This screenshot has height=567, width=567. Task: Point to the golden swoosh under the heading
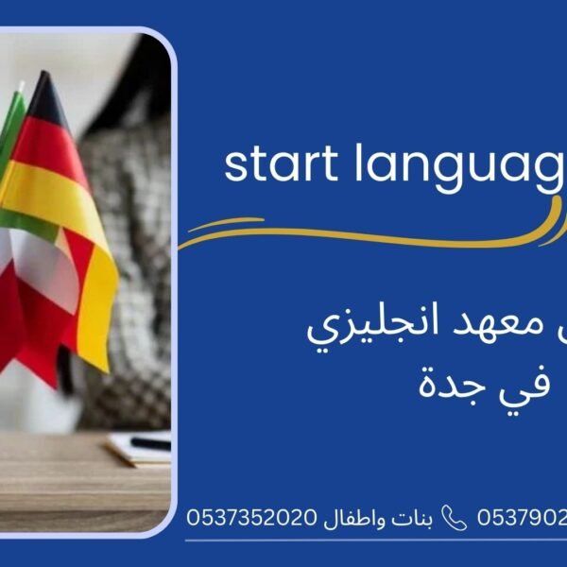coord(369,234)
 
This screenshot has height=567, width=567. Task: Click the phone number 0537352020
coord(254,518)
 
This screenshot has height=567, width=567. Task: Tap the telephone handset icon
coord(455,518)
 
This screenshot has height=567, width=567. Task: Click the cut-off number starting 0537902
coord(522,518)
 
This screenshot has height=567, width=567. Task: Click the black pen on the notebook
coord(151,443)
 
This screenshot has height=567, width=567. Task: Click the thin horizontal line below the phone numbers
coord(378,541)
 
